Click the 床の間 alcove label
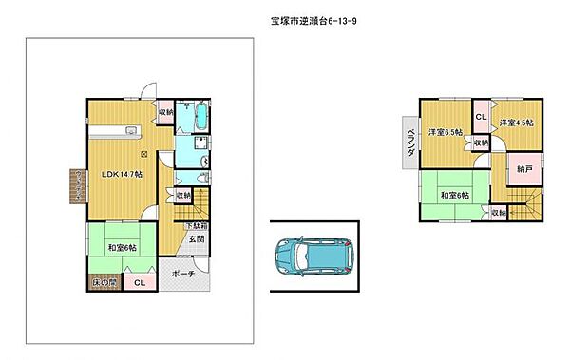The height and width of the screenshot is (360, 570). [x=104, y=283]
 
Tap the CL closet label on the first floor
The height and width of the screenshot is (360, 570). [x=139, y=283]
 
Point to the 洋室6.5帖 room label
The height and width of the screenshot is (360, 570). [x=445, y=132]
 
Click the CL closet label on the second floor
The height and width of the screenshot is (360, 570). [x=481, y=117]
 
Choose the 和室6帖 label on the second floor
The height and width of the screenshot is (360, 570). [x=453, y=197]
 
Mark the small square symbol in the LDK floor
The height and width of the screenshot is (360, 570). [x=144, y=154]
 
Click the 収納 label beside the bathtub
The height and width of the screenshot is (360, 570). [x=165, y=112]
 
